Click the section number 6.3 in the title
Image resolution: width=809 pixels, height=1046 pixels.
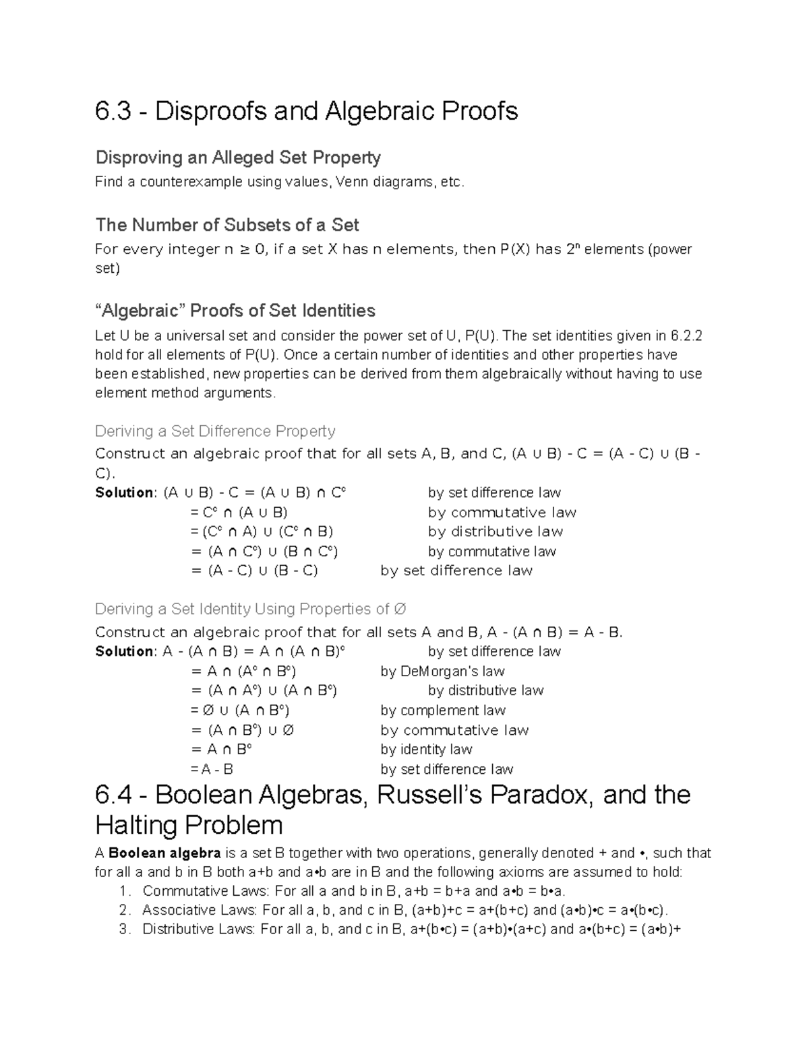113,112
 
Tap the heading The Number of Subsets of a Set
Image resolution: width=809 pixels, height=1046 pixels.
227,225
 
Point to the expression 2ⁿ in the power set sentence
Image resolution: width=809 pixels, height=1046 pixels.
573,249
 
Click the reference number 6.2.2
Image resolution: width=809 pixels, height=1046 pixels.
687,335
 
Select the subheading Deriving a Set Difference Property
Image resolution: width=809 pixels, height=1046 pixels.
215,431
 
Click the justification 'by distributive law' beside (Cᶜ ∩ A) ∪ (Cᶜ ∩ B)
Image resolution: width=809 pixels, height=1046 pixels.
496,531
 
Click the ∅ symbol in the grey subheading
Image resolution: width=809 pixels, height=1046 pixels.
400,609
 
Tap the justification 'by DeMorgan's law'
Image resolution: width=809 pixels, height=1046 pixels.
442,671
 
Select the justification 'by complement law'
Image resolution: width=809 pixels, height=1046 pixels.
443,710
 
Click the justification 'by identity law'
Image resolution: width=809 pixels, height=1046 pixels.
426,749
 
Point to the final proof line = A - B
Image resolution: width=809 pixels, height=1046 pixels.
212,769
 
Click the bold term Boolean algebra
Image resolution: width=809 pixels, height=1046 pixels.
164,853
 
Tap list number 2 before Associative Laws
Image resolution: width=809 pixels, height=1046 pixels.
123,911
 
